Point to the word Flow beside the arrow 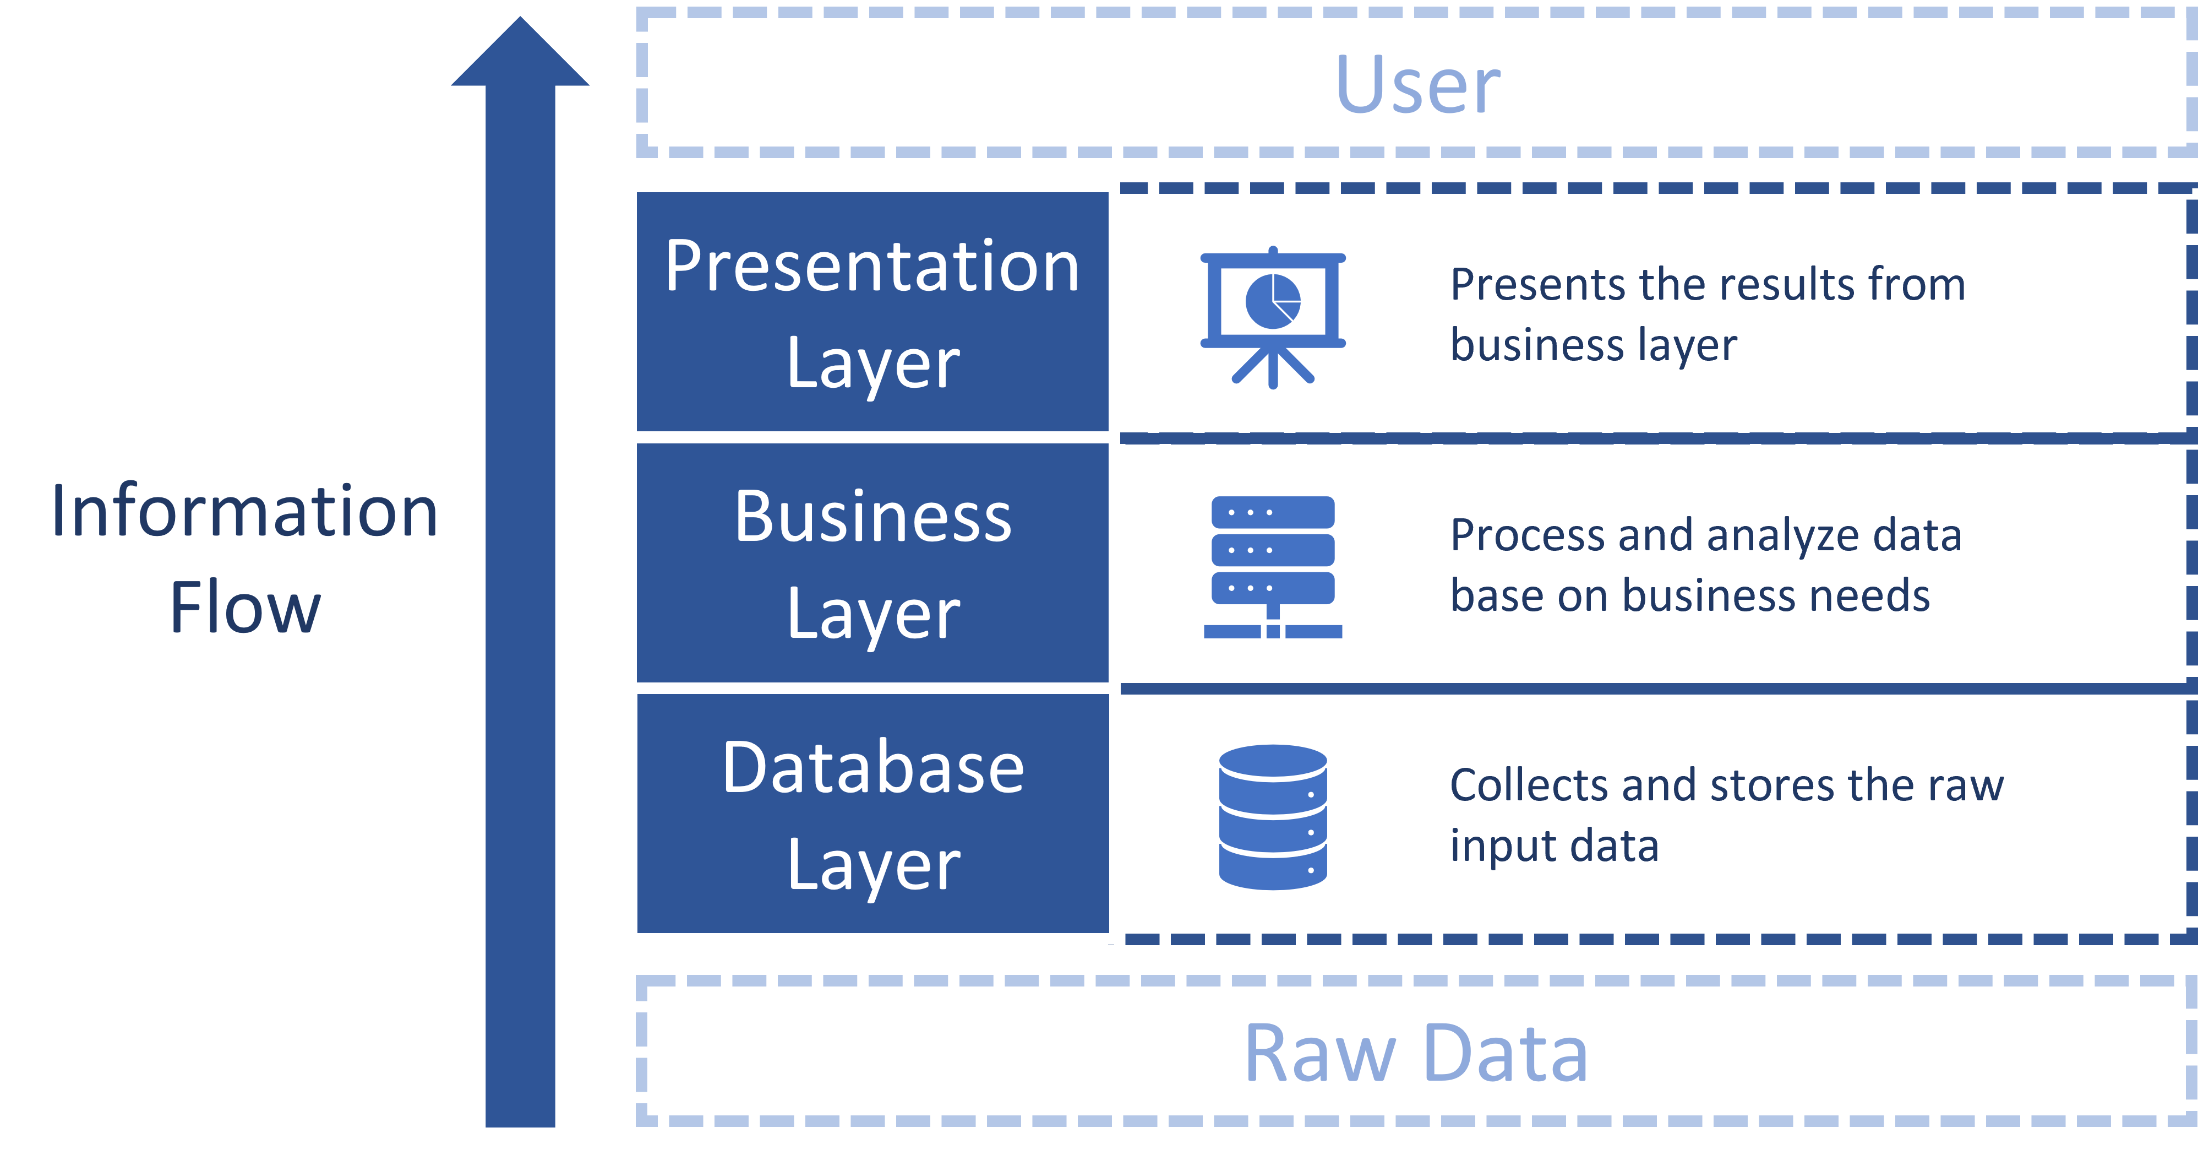[245, 607]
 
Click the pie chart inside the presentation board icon [1272, 300]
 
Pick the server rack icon [1272, 566]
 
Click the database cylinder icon [1272, 817]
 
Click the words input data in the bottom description [1554, 846]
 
